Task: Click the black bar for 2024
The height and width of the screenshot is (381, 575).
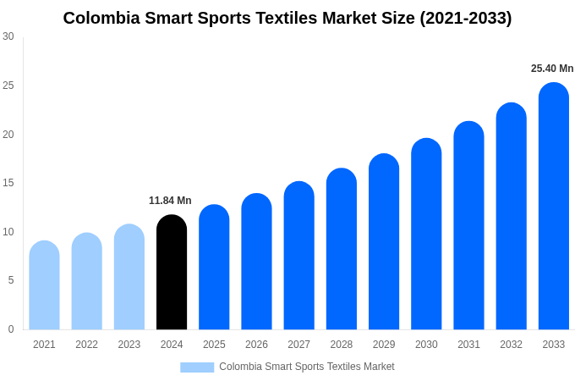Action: tap(172, 273)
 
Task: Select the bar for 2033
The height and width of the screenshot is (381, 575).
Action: tap(553, 207)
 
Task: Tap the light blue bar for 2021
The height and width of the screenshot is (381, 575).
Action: tap(44, 285)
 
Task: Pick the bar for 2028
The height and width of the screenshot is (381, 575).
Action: tap(341, 249)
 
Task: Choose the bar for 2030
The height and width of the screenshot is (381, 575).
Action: tap(426, 235)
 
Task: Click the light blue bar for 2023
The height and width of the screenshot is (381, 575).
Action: tap(129, 277)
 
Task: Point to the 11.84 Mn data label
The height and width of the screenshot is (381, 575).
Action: tap(170, 201)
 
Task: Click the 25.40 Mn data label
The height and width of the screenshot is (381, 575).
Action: tap(552, 69)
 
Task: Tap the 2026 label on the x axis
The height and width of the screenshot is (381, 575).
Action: tap(256, 345)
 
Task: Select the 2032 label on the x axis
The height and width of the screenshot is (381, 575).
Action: tap(511, 345)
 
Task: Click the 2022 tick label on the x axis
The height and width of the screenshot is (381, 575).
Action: tap(86, 345)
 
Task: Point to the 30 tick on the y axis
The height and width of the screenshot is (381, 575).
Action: tap(8, 36)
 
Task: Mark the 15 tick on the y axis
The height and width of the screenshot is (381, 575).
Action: tap(8, 183)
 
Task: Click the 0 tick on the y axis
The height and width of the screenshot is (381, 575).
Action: tap(11, 329)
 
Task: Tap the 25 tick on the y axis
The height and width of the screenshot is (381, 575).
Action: tap(8, 86)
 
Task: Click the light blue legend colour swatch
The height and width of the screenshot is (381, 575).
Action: tap(197, 367)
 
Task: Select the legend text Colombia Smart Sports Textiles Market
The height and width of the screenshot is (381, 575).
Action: tap(306, 367)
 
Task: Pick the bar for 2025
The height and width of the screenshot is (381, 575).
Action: tap(214, 268)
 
